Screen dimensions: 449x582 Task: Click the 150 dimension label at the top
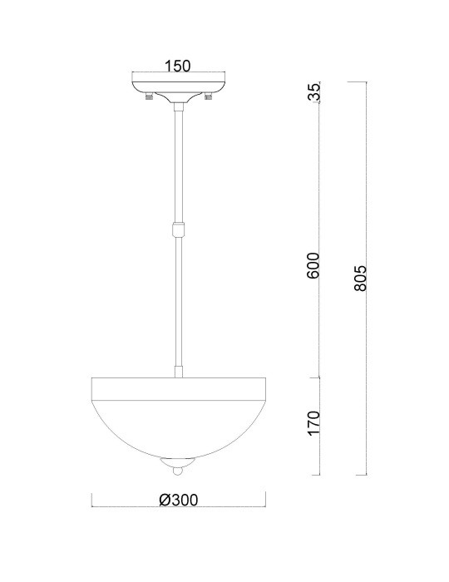click(x=177, y=66)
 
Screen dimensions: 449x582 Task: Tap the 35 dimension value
click(x=314, y=92)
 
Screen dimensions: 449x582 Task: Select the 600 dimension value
click(x=313, y=266)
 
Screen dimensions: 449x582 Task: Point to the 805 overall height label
click(x=360, y=278)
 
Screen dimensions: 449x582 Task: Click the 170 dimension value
click(x=313, y=422)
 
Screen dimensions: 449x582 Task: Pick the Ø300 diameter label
click(x=179, y=500)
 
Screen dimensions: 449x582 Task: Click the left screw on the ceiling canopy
click(x=149, y=96)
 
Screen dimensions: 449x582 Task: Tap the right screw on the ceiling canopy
click(x=208, y=96)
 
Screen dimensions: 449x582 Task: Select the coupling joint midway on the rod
click(x=179, y=229)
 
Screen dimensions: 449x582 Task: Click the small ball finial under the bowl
click(x=178, y=471)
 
